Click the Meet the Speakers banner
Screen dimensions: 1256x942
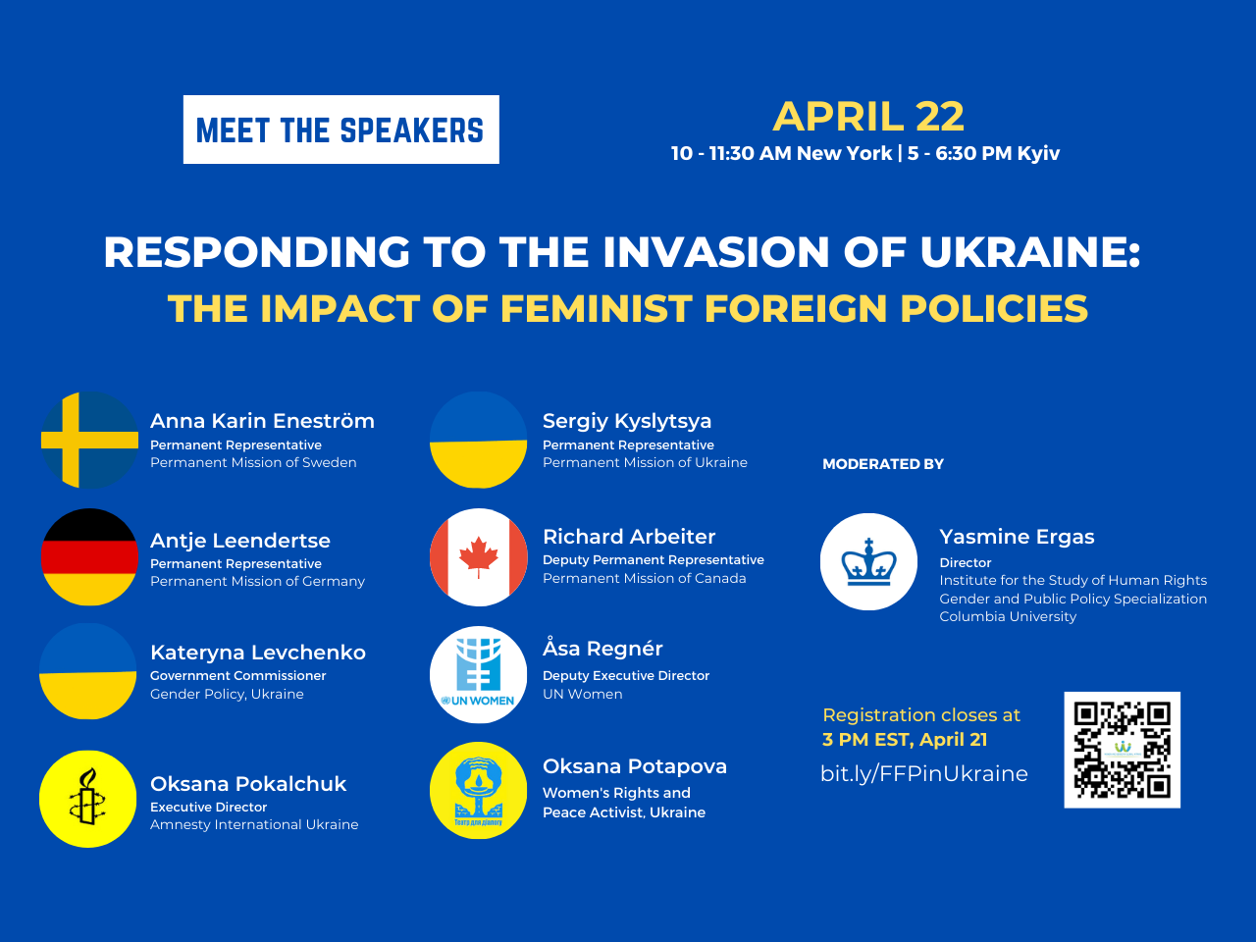pos(341,130)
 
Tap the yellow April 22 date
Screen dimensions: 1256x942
pos(868,117)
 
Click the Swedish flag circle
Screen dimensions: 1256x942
pos(90,440)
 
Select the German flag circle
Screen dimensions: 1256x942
pos(90,556)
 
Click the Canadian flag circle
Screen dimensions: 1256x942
pos(479,557)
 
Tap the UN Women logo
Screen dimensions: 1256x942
pos(479,674)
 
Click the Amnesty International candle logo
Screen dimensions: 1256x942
pos(87,799)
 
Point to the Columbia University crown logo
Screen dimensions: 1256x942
pos(868,561)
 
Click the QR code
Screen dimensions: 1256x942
pos(1123,750)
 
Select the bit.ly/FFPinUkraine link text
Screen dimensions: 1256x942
pos(924,774)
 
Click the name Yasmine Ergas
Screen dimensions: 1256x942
pos(1017,537)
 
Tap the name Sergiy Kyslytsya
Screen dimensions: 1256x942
pos(627,421)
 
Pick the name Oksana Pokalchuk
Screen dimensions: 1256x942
pos(248,784)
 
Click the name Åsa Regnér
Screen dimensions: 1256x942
pos(602,648)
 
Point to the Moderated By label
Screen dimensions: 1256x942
pos(883,464)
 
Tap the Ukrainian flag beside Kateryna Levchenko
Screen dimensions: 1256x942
pos(87,671)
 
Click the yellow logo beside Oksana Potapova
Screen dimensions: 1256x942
pos(479,791)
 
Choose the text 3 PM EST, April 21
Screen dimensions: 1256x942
pos(905,740)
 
